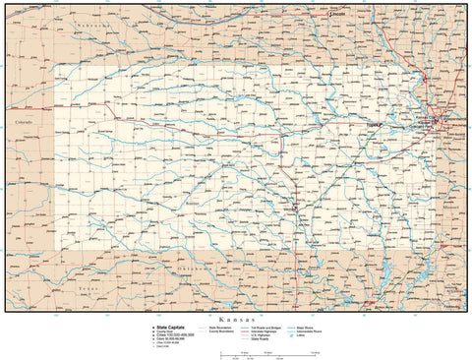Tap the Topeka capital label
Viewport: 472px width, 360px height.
point(374,125)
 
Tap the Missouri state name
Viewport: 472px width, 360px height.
point(450,209)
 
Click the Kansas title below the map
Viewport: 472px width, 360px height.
point(235,320)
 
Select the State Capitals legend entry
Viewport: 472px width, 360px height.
point(168,327)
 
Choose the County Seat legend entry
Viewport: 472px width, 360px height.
point(164,331)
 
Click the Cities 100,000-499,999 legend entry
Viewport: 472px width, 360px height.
point(176,335)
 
